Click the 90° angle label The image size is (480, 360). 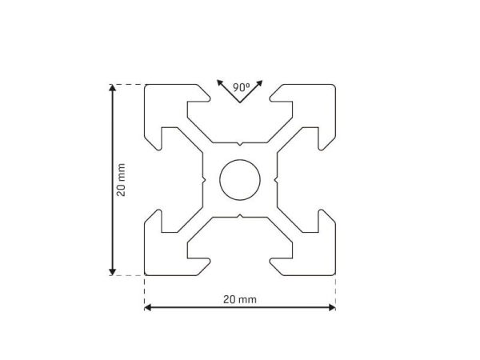(242, 87)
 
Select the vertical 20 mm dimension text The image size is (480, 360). (121, 180)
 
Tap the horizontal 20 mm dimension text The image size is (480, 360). (240, 299)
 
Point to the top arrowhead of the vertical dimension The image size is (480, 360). (112, 87)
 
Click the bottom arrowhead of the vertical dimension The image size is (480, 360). (112, 272)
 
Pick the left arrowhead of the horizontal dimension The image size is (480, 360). (148, 307)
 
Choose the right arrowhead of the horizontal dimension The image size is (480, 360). (332, 307)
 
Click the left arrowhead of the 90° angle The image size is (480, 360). (219, 82)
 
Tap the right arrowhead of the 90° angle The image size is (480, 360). (259, 83)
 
